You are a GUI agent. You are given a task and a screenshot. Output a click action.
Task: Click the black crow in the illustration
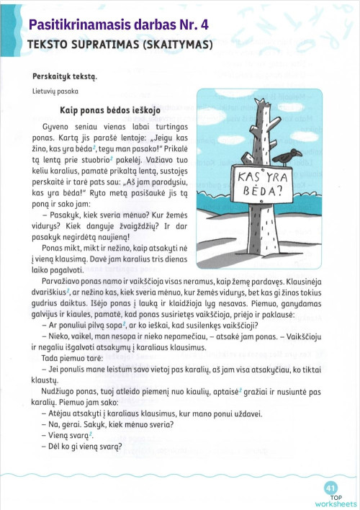point(291,155)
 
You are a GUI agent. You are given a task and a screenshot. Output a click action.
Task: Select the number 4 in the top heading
point(204,25)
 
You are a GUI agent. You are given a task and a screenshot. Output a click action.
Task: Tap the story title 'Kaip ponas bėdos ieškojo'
point(110,110)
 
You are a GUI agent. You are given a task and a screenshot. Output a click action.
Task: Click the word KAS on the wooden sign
point(247,176)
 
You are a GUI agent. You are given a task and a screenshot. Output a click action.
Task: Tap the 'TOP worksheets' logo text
point(336,501)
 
